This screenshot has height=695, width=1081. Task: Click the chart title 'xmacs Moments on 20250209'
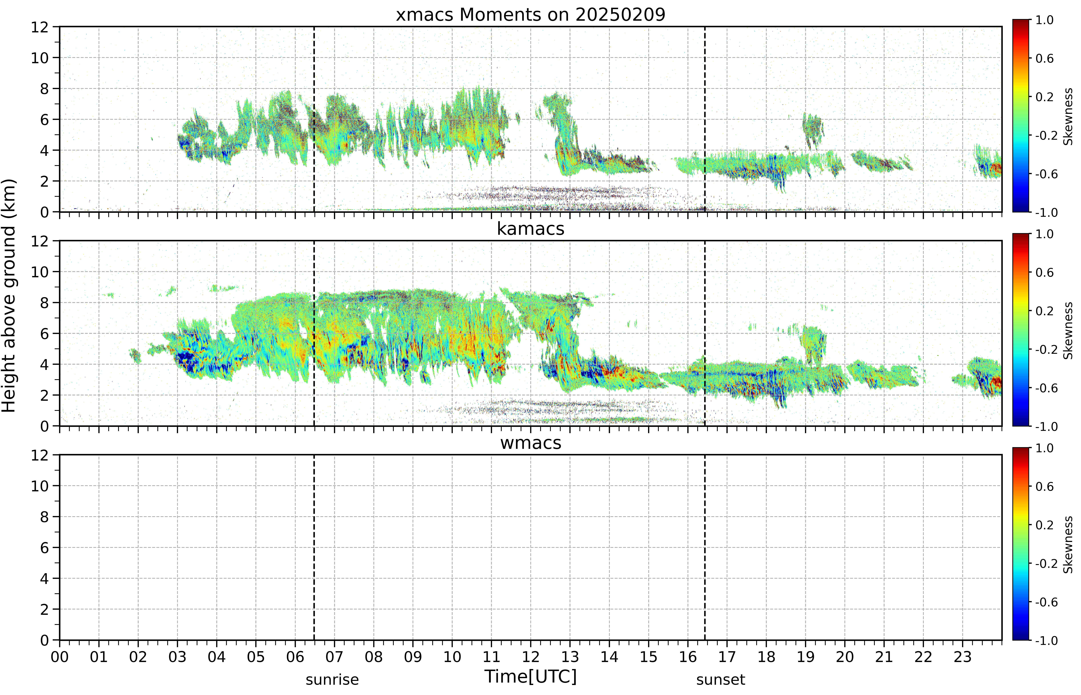click(531, 15)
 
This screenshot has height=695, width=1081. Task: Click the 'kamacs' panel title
click(531, 229)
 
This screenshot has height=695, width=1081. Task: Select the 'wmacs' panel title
click(531, 443)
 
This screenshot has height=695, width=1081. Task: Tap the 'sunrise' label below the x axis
click(332, 680)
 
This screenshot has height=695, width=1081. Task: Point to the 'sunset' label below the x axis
click(721, 680)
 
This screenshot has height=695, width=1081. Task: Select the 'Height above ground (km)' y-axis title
click(9, 296)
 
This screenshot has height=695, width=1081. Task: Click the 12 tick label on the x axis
click(531, 657)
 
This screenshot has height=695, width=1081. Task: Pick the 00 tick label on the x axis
click(60, 657)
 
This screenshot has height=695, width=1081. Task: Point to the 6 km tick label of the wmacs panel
click(44, 548)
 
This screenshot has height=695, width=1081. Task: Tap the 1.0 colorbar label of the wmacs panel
click(1044, 448)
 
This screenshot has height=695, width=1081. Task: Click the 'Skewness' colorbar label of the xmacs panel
click(1068, 116)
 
